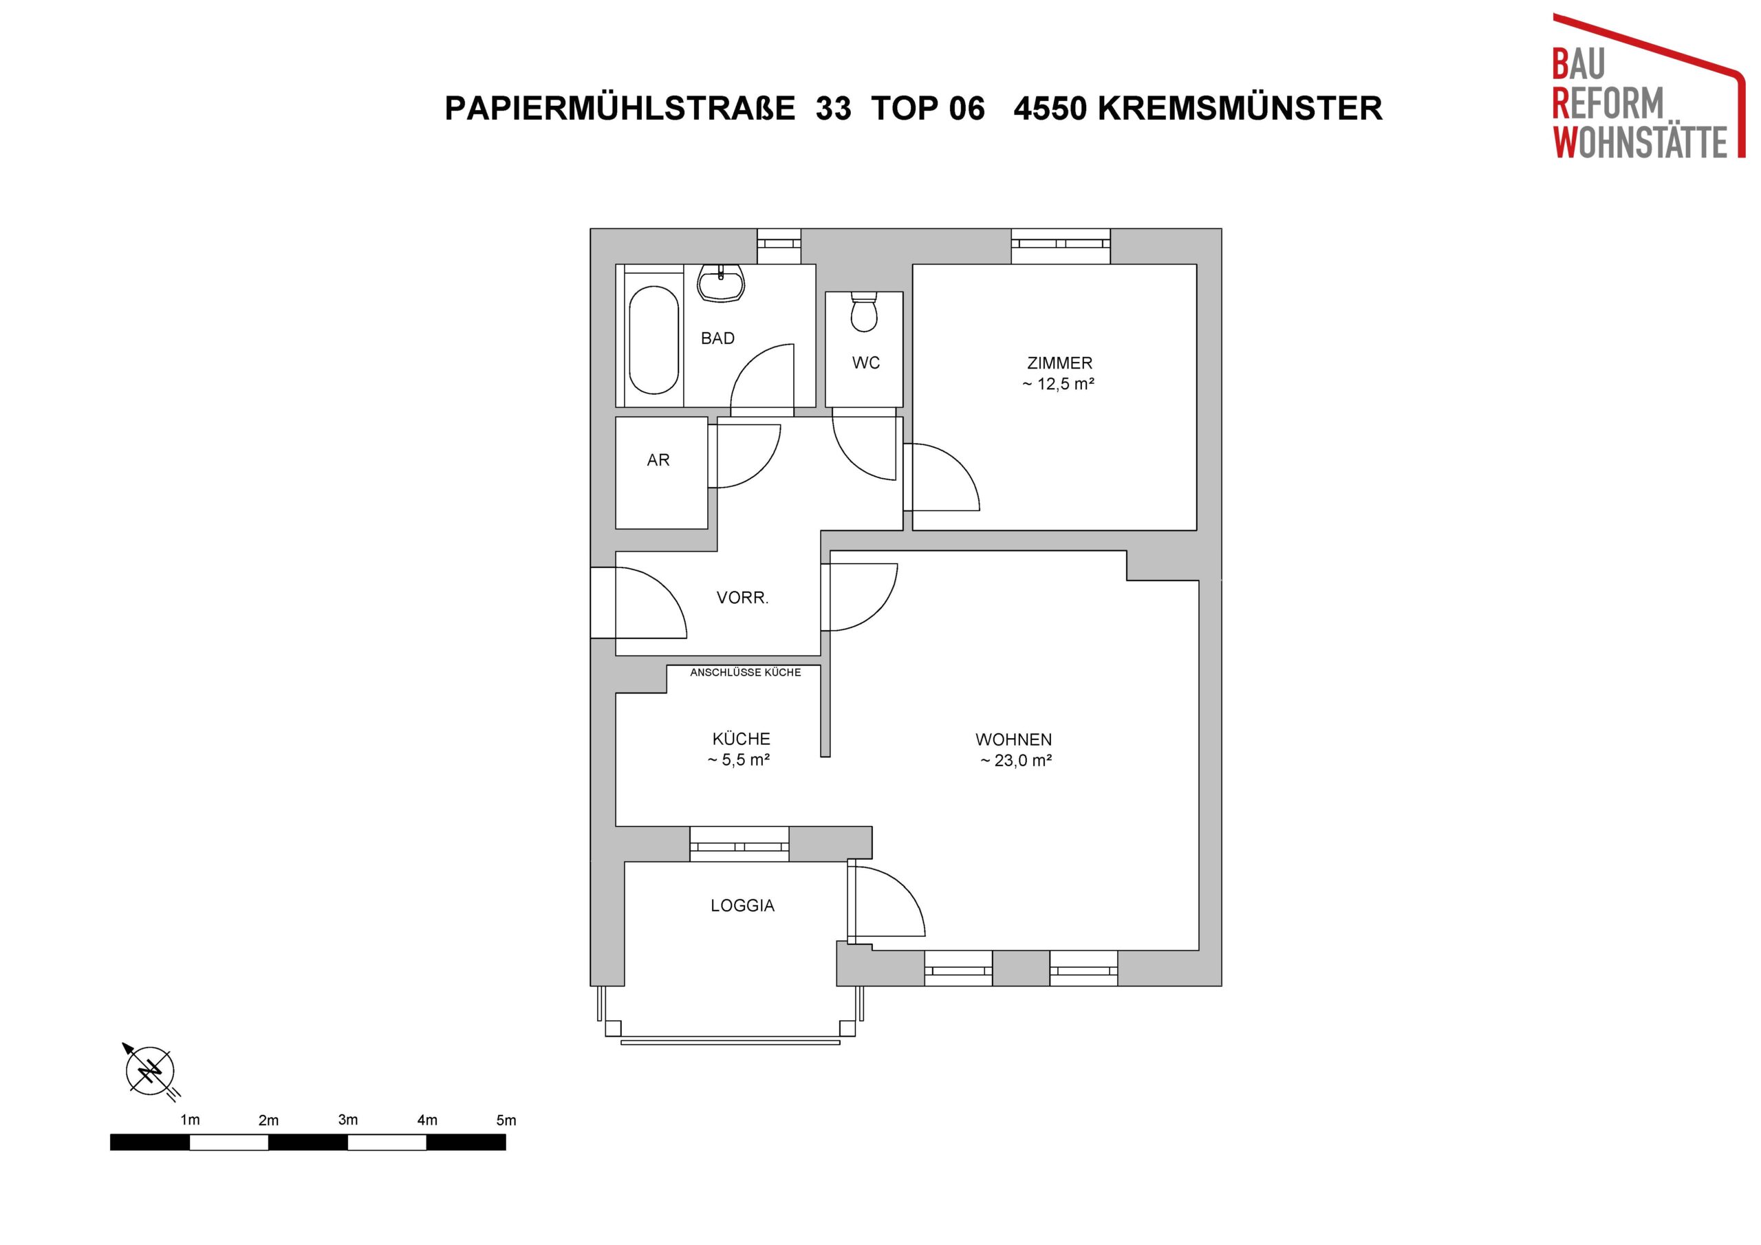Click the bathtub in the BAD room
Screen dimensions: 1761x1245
[653, 340]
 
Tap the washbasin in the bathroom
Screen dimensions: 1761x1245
[720, 284]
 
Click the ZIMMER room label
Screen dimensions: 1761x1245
[1059, 362]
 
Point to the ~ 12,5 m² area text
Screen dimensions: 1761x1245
[1059, 385]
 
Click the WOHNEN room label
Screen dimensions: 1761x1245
[1013, 740]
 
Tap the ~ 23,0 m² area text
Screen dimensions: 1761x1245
[1016, 761]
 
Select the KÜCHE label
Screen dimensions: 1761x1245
[741, 739]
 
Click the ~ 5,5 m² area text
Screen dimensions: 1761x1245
[739, 760]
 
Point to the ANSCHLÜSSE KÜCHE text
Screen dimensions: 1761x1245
[746, 673]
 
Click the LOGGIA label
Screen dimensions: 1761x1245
[742, 906]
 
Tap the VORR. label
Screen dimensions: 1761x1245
[742, 598]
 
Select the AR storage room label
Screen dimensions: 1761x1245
[658, 460]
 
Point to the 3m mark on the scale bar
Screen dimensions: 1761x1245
[347, 1120]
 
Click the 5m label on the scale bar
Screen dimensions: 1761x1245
[506, 1120]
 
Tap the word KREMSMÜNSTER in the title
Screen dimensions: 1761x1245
[1240, 108]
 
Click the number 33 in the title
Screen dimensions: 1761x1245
[834, 109]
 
